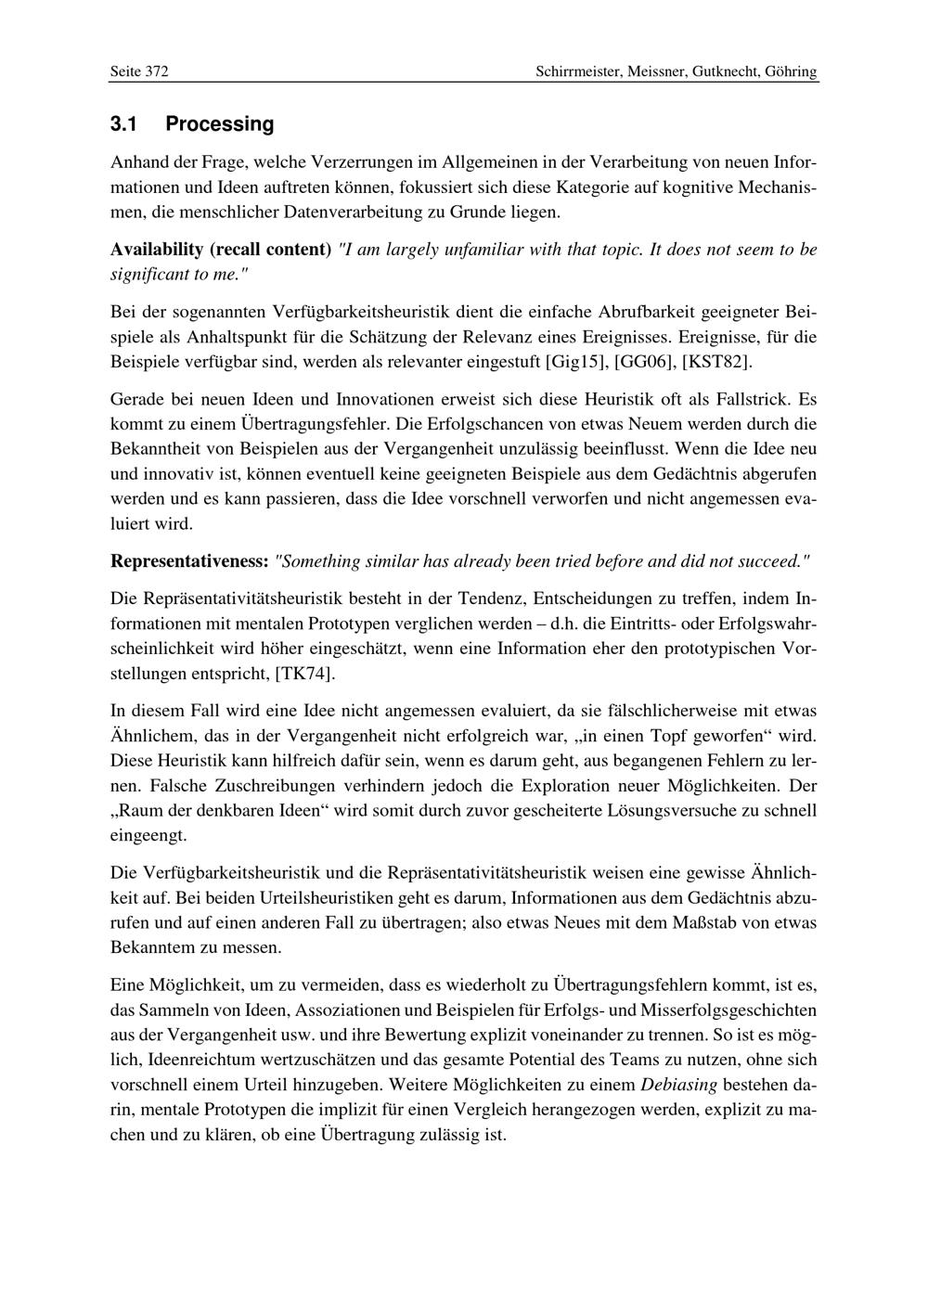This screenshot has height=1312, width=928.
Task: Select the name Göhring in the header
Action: tap(792, 71)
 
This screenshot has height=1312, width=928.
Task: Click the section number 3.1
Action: tap(123, 124)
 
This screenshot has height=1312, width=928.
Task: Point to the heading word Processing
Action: tap(220, 124)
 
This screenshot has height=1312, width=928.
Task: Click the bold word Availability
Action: tap(156, 250)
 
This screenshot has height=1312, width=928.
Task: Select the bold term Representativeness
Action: tap(189, 561)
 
